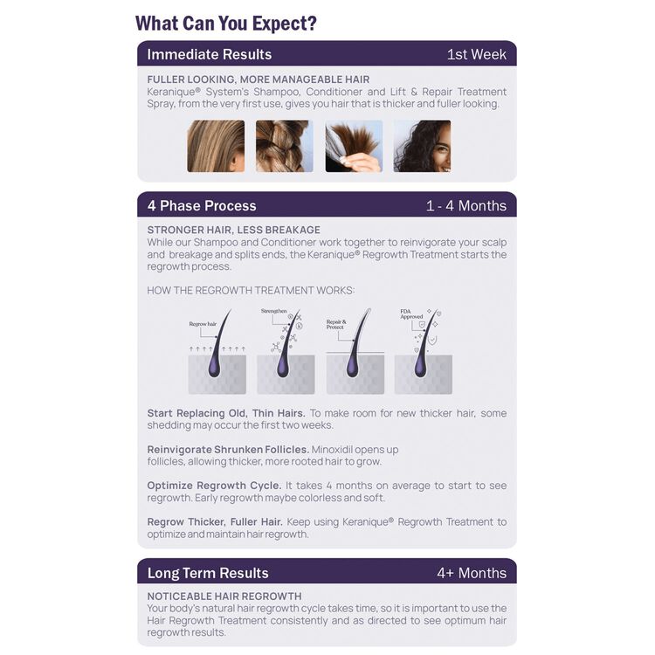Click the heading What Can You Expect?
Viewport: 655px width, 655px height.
coord(226,23)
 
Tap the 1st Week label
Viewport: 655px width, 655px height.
coord(476,54)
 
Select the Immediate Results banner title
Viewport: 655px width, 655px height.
coord(210,54)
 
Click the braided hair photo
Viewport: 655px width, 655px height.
coord(284,146)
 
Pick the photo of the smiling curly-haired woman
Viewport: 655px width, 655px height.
coord(422,146)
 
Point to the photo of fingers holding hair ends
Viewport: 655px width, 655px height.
coord(354,146)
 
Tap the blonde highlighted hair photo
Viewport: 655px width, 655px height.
coord(216,146)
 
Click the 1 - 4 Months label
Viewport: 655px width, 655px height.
coord(465,206)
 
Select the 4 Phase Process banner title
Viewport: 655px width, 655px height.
coord(202,206)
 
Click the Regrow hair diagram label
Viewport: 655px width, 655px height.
coord(202,324)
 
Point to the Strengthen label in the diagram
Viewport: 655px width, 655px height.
coord(273,311)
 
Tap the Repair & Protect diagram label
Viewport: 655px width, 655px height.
coord(336,324)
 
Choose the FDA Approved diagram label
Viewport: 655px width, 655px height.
coord(411,314)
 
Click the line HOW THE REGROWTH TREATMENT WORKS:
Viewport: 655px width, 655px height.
coord(251,290)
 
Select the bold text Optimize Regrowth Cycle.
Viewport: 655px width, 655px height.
coord(214,486)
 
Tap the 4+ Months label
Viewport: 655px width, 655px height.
coord(472,573)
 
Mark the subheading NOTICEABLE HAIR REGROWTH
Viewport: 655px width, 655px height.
coord(224,596)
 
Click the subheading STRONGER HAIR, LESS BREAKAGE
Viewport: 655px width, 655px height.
coord(234,230)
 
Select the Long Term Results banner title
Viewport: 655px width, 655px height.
coord(208,573)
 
